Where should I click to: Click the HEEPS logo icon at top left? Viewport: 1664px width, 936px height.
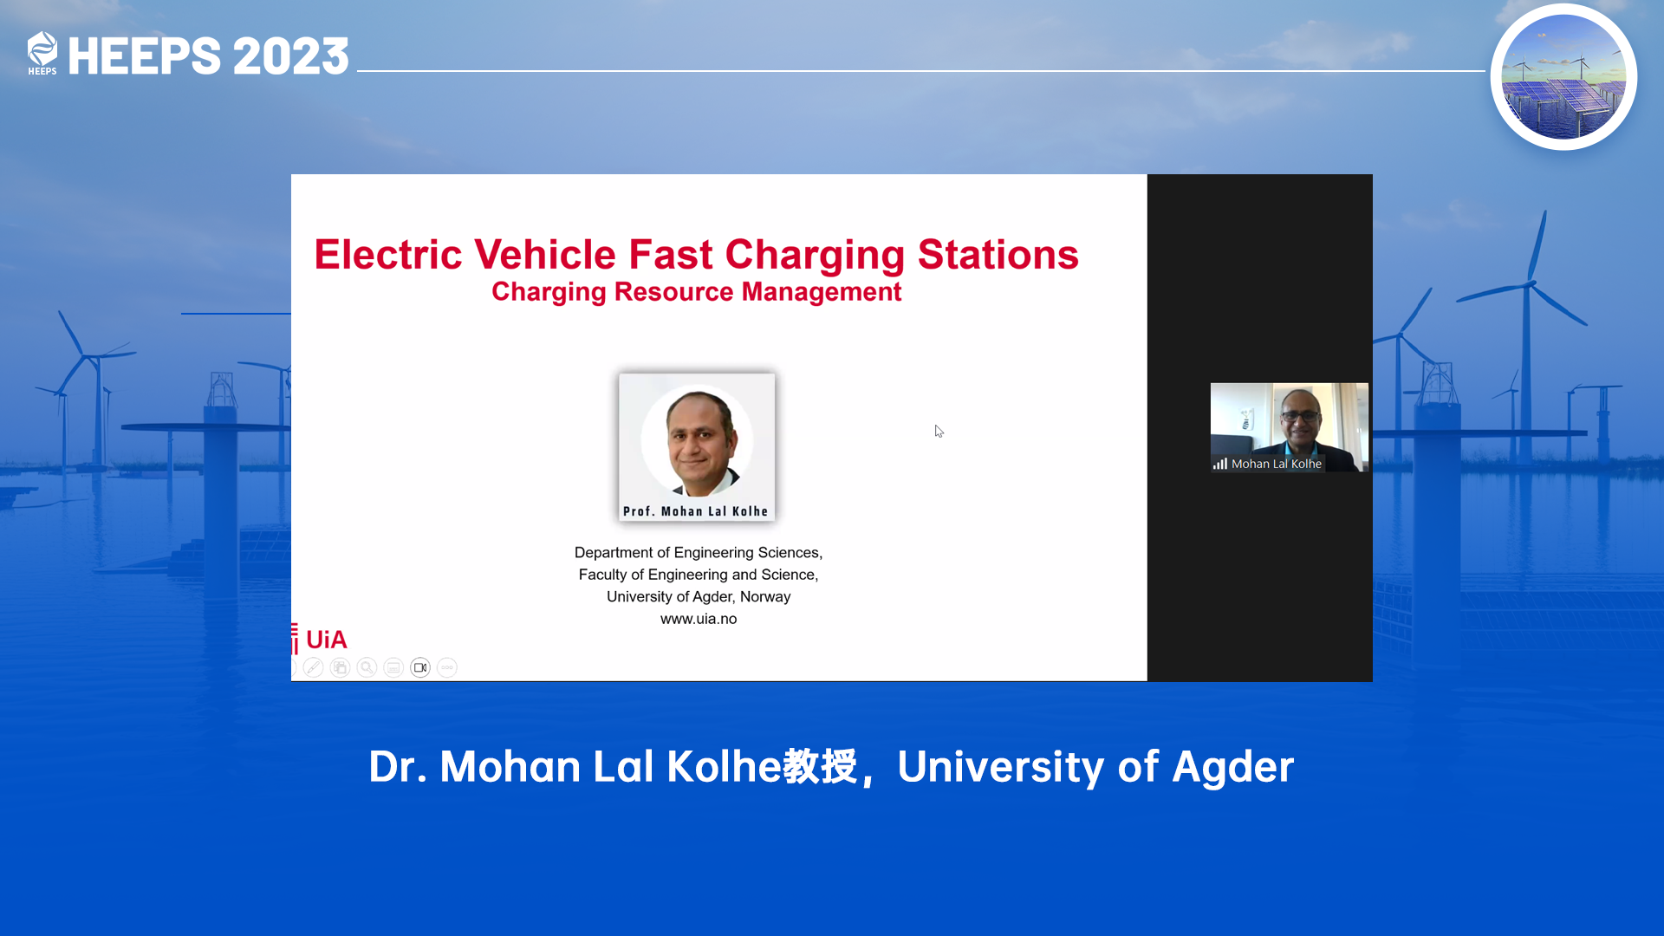[42, 53]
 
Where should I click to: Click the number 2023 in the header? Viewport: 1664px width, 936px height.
[290, 56]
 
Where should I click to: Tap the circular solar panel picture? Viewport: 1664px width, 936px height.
[1563, 77]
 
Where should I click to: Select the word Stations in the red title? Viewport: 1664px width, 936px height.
[998, 255]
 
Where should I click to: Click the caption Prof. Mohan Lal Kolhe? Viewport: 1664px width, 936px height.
[696, 511]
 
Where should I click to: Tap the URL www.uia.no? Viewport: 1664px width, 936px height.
[699, 619]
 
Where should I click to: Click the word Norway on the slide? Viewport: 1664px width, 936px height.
[765, 596]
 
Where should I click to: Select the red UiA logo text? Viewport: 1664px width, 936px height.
[326, 640]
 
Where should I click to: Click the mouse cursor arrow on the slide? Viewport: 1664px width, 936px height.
[939, 431]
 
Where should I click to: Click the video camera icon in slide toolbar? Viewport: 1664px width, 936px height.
[420, 667]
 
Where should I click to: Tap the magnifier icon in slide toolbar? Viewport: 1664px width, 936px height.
[367, 667]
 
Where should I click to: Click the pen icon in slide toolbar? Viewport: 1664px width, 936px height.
[314, 667]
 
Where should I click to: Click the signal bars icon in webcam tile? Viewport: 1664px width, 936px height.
[1220, 464]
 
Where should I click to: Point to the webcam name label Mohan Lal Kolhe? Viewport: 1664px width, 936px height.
[1277, 464]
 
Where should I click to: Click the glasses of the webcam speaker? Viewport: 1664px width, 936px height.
[1300, 416]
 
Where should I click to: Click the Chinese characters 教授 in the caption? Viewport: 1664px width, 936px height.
[820, 766]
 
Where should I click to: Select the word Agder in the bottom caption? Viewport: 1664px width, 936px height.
[1232, 768]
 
